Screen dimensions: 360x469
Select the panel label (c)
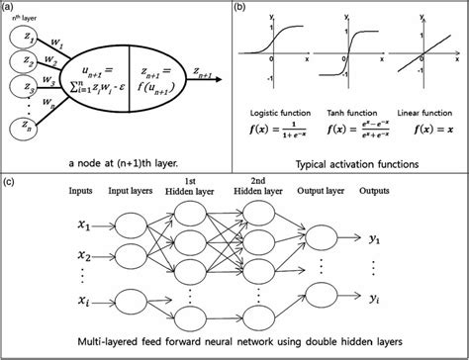pyautogui.click(x=11, y=182)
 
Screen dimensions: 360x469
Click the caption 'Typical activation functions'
pyautogui.click(x=351, y=161)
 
